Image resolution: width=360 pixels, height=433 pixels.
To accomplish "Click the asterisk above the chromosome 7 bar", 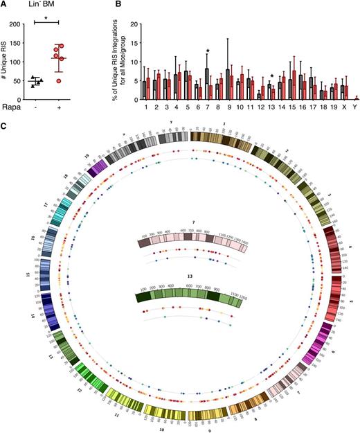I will tap(207, 50).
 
